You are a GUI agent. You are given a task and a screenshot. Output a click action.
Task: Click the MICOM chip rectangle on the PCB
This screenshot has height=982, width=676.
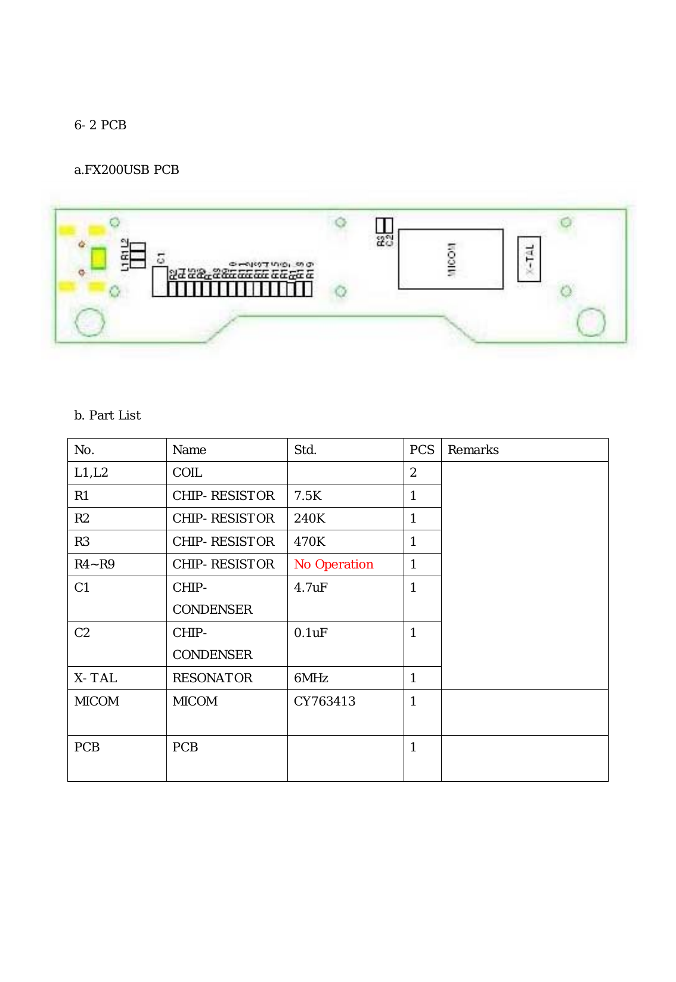point(451,259)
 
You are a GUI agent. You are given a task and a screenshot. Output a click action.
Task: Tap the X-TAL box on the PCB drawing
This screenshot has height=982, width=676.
point(529,259)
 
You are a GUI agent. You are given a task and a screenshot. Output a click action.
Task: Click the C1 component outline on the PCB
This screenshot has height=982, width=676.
point(159,281)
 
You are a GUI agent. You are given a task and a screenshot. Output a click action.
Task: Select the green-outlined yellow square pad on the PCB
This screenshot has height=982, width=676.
point(98,259)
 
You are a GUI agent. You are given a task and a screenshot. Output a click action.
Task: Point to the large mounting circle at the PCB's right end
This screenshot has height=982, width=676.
point(591,322)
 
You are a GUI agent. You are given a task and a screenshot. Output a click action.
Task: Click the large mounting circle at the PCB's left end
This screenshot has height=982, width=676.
point(90,322)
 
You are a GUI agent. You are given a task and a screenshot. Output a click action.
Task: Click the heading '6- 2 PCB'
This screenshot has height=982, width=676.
point(100,125)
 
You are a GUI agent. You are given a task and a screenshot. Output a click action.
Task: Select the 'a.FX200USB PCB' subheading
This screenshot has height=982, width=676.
point(126,170)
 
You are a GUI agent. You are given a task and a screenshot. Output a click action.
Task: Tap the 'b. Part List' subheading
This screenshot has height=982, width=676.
point(107,415)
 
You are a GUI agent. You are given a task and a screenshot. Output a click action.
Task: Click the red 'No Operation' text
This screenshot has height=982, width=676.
point(334,564)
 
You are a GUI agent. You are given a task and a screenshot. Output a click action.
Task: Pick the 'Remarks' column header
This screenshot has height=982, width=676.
point(473,450)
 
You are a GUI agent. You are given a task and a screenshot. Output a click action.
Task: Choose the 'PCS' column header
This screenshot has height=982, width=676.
point(422,450)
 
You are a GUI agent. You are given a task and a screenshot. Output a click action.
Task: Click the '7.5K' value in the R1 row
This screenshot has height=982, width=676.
point(308,496)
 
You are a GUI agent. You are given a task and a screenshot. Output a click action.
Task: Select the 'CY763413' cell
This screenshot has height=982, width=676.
point(324,701)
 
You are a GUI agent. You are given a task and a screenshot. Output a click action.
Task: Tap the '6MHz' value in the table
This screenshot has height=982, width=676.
point(311,678)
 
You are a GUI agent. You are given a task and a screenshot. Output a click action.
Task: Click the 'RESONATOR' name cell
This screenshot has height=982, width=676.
point(212,678)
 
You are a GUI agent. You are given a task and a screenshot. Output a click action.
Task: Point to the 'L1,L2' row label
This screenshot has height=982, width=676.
point(91,473)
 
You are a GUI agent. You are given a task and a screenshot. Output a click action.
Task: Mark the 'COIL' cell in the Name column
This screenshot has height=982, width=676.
point(187,473)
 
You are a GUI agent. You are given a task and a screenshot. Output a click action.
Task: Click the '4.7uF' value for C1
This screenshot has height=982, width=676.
point(311,588)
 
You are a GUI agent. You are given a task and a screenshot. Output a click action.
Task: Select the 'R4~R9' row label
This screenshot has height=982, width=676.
point(94,564)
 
